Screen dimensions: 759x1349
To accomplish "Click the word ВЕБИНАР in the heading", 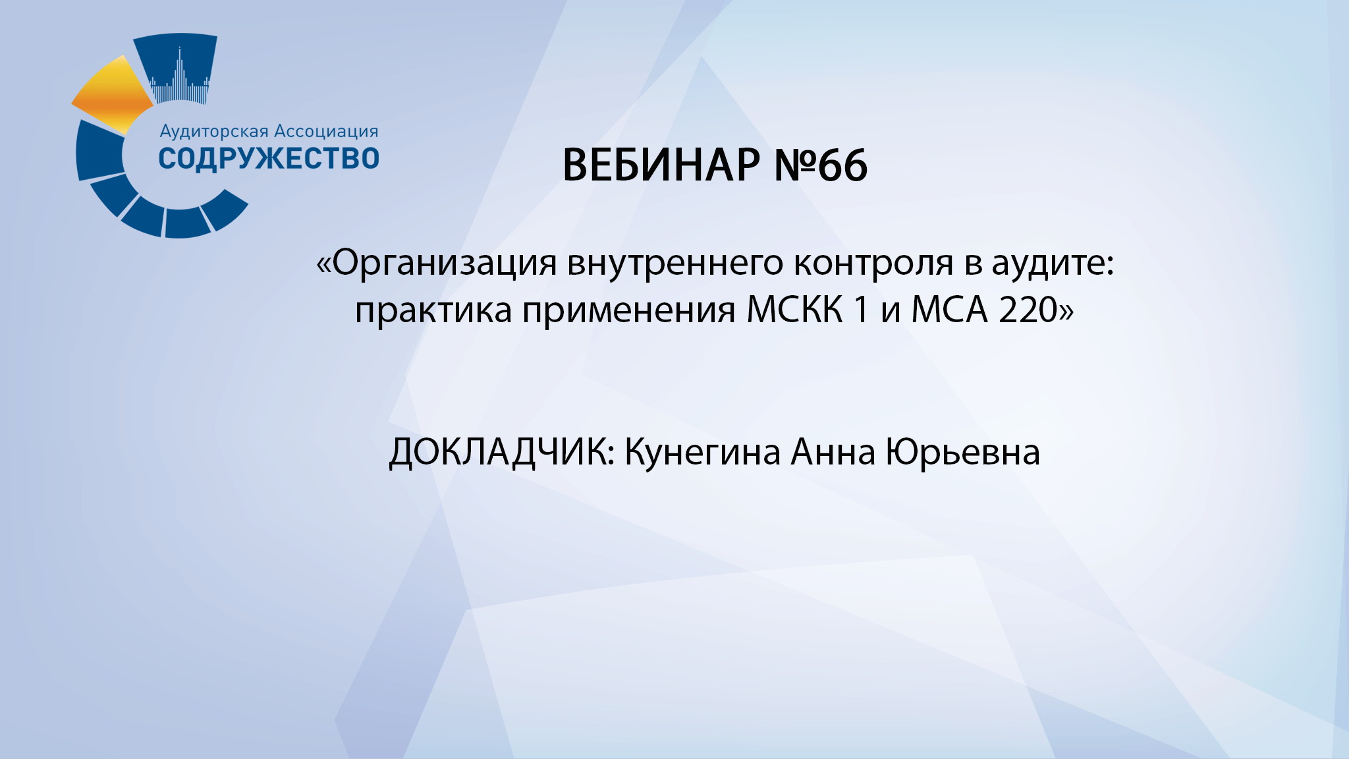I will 661,165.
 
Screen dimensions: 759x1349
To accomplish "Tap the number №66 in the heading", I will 821,165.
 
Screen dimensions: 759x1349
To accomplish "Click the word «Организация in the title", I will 436,264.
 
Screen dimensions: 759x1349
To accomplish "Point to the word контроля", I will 873,264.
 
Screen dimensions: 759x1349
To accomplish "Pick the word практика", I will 433,310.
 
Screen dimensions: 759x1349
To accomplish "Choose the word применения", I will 628,310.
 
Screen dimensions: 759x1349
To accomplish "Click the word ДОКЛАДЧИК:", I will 502,453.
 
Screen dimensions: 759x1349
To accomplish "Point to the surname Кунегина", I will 702,453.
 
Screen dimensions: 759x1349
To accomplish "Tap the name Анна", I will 833,453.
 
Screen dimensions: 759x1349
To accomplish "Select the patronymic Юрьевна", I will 962,453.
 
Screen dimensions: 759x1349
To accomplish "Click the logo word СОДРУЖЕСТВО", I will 269,159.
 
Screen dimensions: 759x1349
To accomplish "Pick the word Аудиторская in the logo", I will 214,131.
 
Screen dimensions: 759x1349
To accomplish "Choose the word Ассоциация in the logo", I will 326,131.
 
